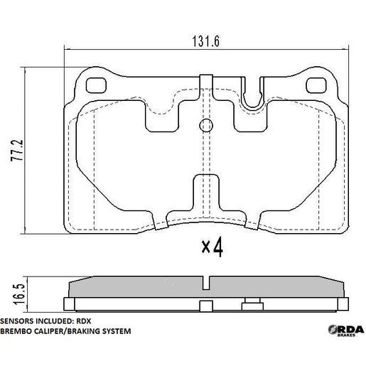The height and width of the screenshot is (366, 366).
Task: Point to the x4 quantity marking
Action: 212,247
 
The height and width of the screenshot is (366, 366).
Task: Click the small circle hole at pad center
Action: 206,126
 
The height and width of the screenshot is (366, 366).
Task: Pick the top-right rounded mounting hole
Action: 313,84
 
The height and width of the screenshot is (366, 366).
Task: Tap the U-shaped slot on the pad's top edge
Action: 251,100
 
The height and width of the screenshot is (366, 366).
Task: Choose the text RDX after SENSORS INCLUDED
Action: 90,321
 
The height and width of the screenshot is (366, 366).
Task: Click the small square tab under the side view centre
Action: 205,307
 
